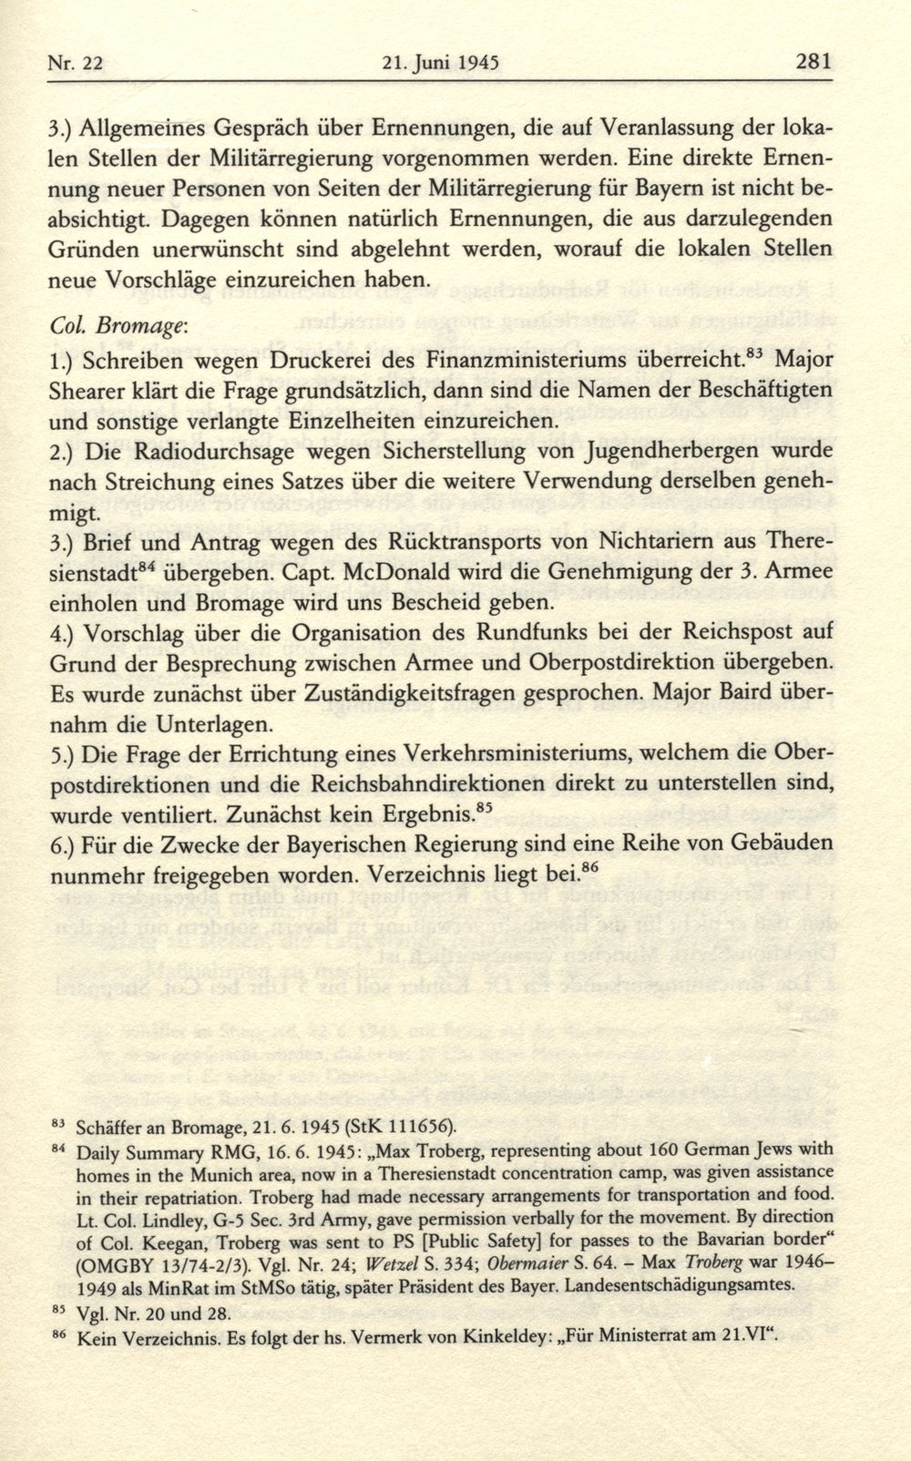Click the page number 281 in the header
(x=814, y=63)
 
